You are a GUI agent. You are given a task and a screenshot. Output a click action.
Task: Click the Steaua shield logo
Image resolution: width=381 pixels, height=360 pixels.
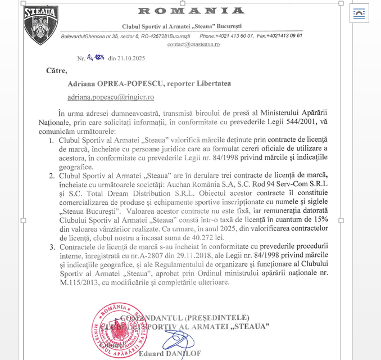coord(41,25)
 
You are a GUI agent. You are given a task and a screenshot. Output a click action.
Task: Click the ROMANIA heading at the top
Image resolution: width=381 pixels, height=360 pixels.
coord(190,11)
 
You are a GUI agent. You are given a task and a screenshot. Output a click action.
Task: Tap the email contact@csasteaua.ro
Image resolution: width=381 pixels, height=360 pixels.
coord(193,44)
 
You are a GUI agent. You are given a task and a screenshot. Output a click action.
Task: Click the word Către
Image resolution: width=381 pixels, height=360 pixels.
coord(56,71)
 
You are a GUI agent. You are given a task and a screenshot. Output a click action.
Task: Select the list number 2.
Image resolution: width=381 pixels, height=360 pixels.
coord(52,175)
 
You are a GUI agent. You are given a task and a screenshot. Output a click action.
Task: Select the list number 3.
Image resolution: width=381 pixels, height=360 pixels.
coord(52,247)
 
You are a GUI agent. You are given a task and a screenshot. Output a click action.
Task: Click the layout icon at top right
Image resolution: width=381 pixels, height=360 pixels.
coord(359,12)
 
